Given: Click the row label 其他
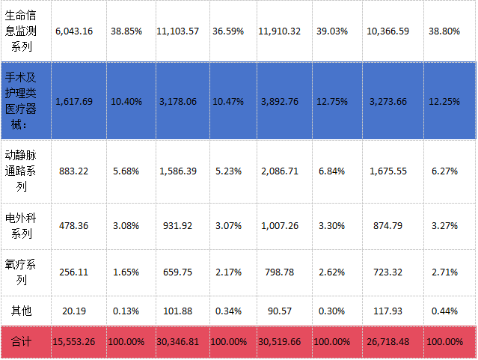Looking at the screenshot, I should click(21, 311).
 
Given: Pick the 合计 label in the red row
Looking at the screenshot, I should click(21, 342).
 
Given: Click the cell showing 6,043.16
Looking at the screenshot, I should click(74, 31).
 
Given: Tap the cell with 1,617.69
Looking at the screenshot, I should click(74, 102).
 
